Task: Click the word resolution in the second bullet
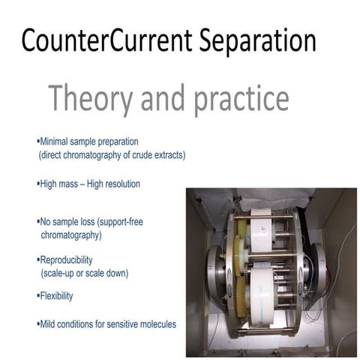(x=118, y=184)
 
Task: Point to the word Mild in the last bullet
(x=48, y=324)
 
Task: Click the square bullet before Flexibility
(x=37, y=295)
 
